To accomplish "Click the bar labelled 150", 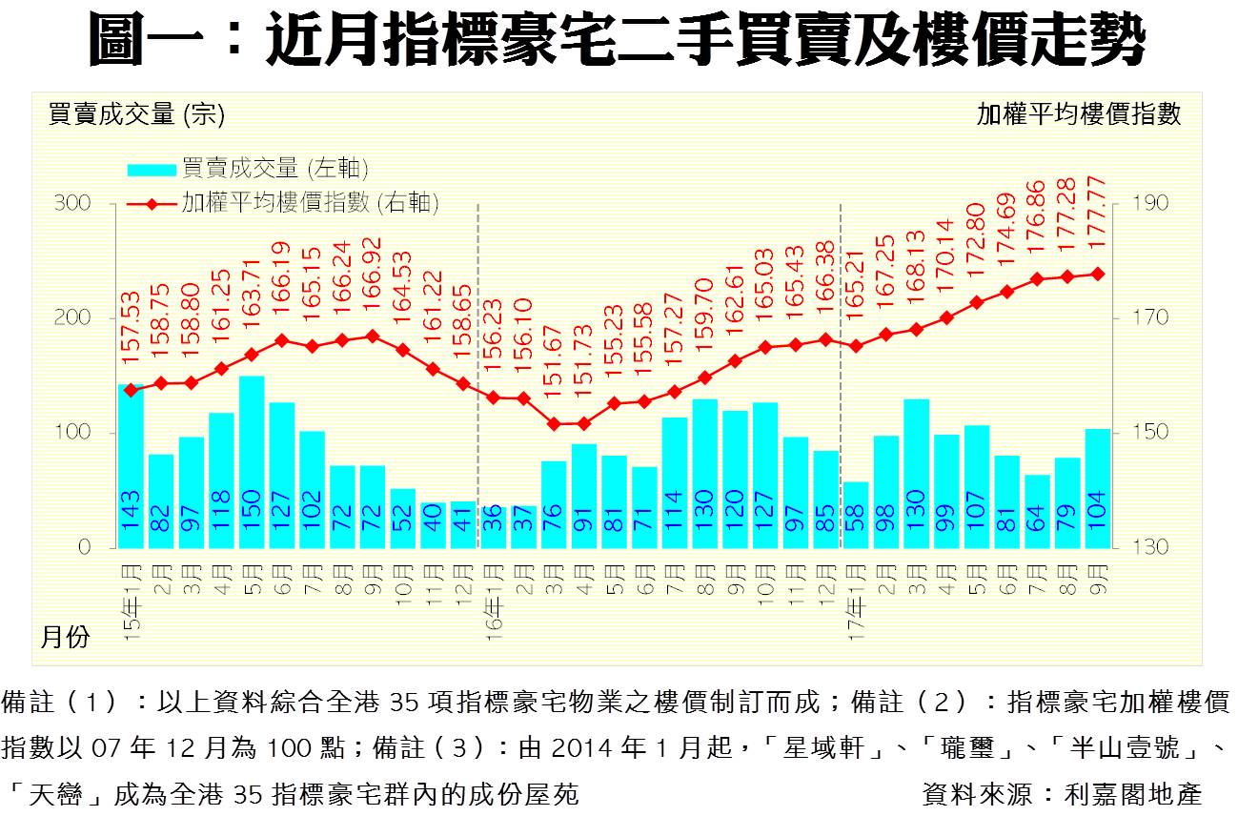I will [252, 462].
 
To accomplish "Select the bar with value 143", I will [131, 466].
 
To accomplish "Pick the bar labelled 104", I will [1097, 488].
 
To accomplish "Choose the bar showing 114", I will [674, 482].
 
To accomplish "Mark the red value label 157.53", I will [132, 329].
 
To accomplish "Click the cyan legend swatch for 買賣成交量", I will [152, 170].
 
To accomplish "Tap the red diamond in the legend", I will [152, 203].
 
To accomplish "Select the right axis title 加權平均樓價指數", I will [1078, 115].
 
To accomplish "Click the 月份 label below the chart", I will [65, 637].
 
